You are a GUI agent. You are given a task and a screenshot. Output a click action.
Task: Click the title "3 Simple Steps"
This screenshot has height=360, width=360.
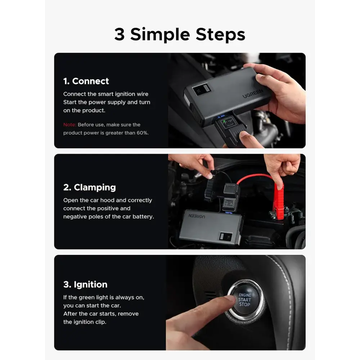click(180, 35)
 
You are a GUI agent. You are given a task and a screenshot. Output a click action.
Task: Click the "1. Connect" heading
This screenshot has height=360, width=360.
click(86, 81)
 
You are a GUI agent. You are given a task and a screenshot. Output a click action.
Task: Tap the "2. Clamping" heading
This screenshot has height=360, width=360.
click(90, 188)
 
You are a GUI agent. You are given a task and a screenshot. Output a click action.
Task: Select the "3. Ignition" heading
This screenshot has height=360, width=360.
click(85, 285)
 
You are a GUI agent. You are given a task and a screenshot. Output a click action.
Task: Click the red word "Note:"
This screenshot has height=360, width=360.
click(69, 125)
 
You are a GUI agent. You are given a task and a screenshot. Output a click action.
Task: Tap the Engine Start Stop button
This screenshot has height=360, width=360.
click(245, 300)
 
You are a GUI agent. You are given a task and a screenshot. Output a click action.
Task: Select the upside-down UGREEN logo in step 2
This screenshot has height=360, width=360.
click(197, 216)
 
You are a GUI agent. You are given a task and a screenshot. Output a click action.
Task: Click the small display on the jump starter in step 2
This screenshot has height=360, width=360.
click(226, 237)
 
